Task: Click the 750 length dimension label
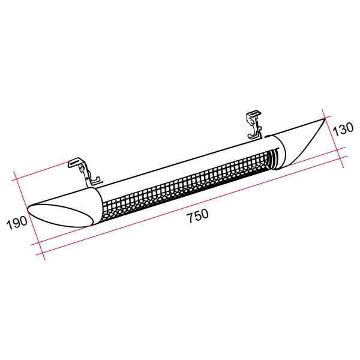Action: pos(198,215)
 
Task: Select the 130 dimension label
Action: pos(343,129)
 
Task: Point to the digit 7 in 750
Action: pos(191,218)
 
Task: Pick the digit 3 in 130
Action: pos(343,129)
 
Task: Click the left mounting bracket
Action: pos(85,172)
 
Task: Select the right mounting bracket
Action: pos(254,125)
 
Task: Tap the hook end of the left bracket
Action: pos(97,180)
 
